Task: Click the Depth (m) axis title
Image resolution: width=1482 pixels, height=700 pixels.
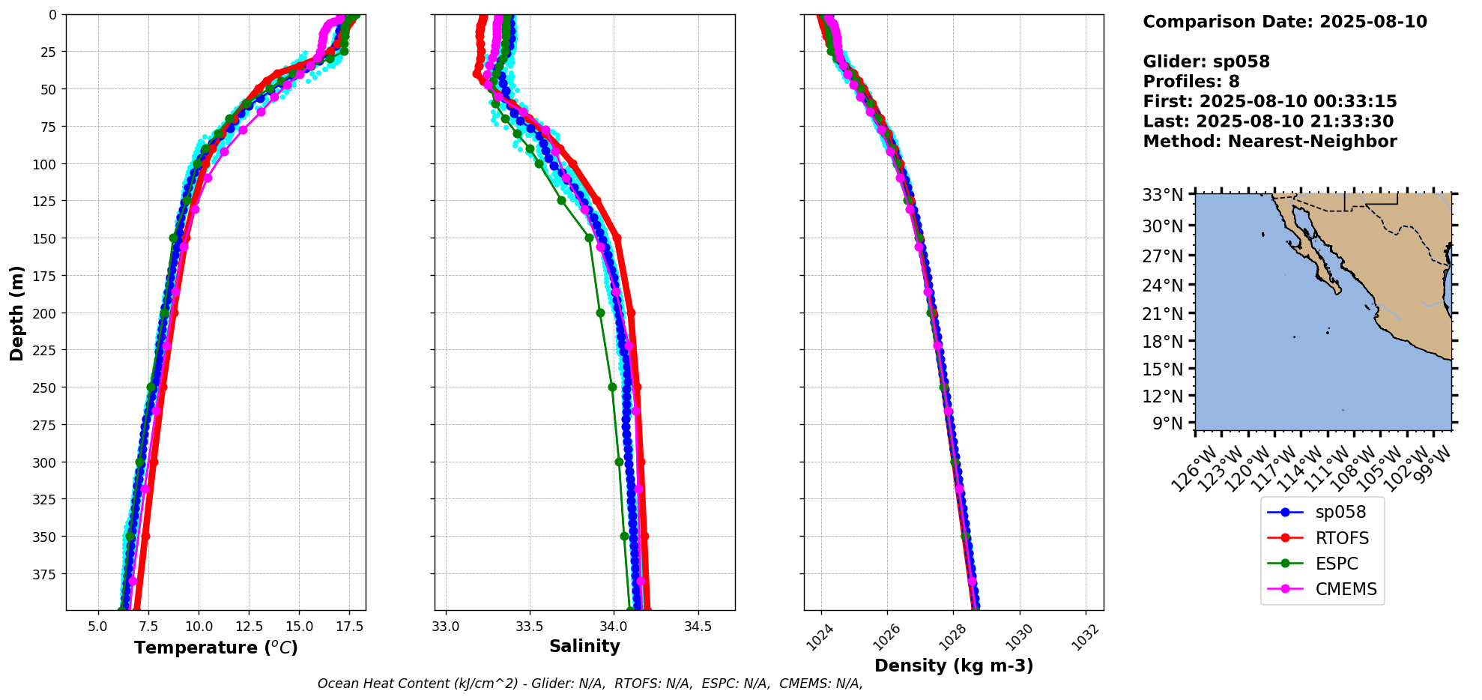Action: (16, 313)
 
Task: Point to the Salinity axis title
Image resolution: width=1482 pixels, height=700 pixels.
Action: (584, 647)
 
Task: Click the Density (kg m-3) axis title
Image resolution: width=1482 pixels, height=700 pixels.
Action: (954, 666)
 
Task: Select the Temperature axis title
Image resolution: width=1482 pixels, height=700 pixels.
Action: (216, 648)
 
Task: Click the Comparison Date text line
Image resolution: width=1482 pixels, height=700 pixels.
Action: (1285, 22)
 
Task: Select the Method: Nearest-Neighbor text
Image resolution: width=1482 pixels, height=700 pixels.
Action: (1270, 142)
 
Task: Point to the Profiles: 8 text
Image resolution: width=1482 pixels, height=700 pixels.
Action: (1191, 82)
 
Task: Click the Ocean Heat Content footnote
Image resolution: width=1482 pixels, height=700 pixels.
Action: (590, 684)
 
